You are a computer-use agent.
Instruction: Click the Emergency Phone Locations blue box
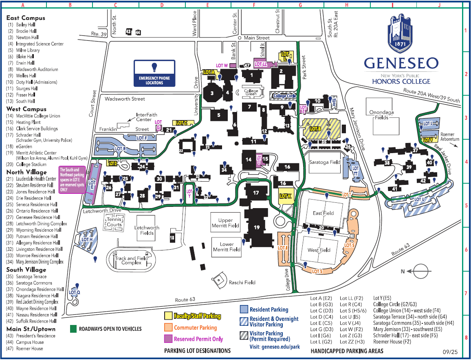154,73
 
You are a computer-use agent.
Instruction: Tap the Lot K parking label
286,196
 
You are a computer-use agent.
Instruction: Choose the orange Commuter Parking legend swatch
168,327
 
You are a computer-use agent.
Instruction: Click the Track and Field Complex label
131,260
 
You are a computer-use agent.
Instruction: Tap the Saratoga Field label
324,162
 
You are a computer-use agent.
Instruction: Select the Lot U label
419,200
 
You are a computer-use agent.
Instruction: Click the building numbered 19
256,227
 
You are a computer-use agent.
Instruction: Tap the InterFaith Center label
147,117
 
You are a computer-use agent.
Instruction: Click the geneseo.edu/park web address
275,347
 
